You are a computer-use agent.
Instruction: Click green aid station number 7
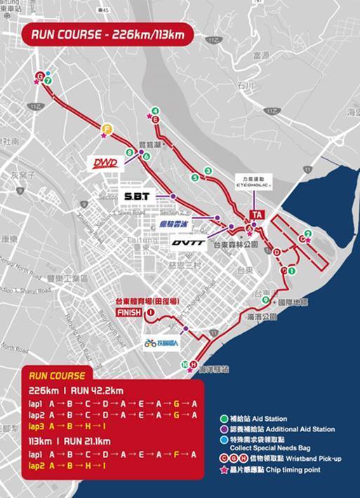tap(48, 81)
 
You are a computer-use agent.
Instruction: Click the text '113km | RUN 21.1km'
tap(70, 442)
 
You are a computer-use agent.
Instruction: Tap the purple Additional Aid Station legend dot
tap(222, 429)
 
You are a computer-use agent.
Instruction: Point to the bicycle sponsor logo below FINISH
tap(163, 344)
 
